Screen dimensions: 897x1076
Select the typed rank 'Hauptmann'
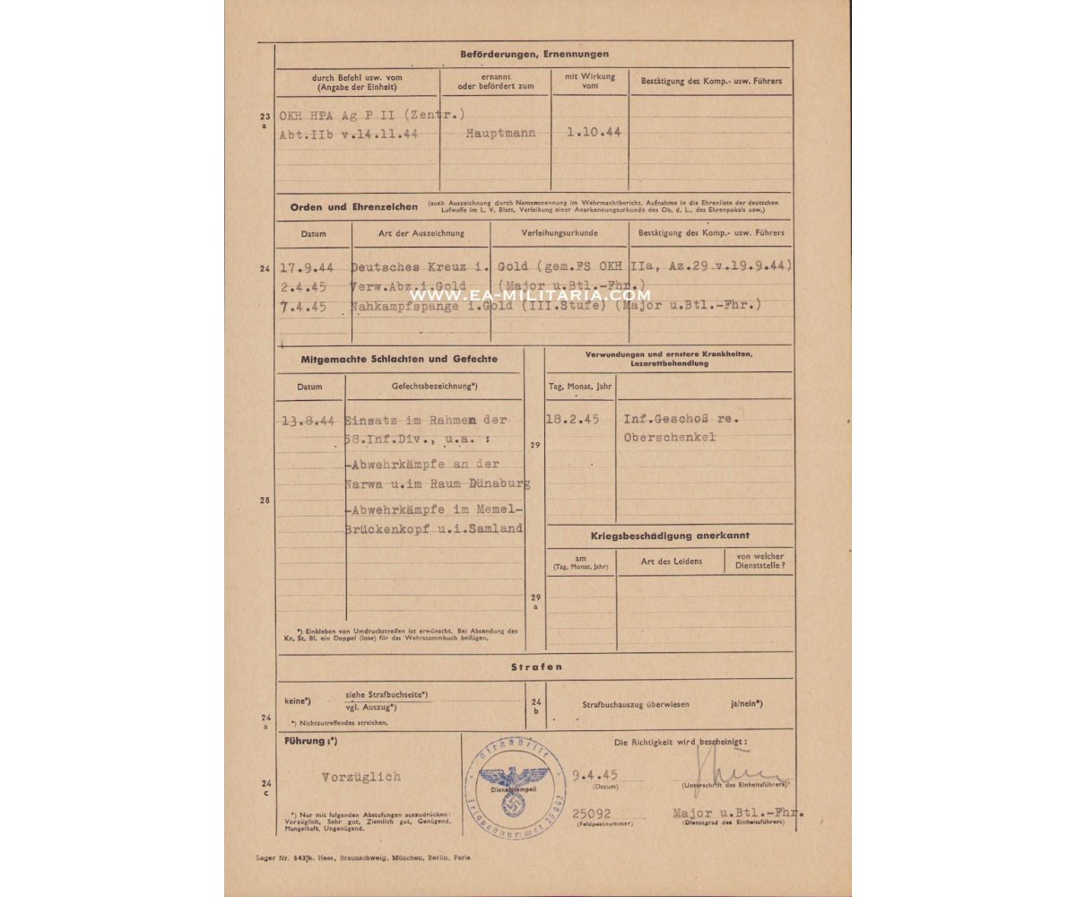(501, 133)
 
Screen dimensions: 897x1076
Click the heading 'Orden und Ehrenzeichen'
(354, 206)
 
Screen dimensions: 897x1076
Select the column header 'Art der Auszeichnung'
(421, 233)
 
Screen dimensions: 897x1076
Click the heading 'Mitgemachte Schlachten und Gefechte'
(399, 359)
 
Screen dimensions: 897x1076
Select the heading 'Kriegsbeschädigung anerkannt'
(670, 536)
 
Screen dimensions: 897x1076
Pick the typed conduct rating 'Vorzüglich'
(361, 777)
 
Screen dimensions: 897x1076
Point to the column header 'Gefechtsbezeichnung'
(421, 386)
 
